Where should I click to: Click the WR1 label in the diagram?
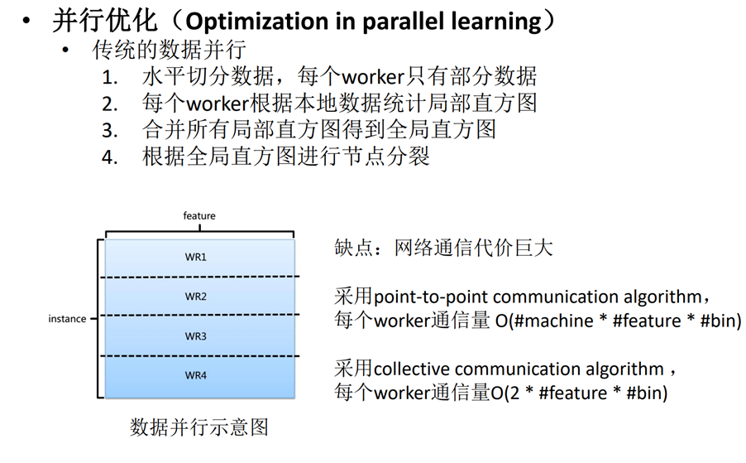pyautogui.click(x=196, y=257)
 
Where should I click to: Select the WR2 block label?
pyautogui.click(x=196, y=297)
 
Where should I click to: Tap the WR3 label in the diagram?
pyautogui.click(x=196, y=336)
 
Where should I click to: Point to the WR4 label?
pyautogui.click(x=196, y=376)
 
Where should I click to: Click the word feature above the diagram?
pyautogui.click(x=199, y=216)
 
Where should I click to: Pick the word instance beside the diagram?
pyautogui.click(x=68, y=319)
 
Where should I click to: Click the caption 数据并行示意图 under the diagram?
pyautogui.click(x=199, y=427)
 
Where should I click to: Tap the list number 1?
pyautogui.click(x=110, y=78)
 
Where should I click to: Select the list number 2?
pyautogui.click(x=110, y=104)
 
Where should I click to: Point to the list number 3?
pyautogui.click(x=110, y=131)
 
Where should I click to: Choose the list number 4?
pyautogui.click(x=110, y=157)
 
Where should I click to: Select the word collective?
pyautogui.click(x=411, y=369)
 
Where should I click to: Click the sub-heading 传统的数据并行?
pyautogui.click(x=170, y=50)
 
